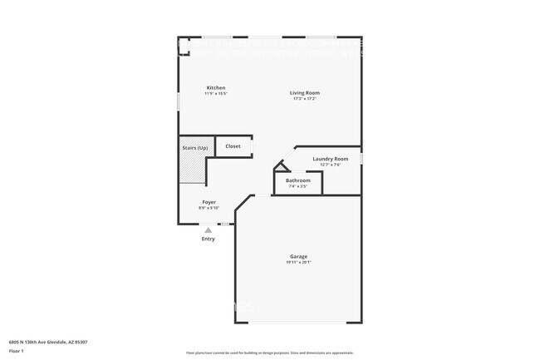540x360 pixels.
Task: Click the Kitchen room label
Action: pos(216,88)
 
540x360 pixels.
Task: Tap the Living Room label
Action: pos(305,92)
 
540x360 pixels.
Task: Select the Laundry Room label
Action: pos(330,159)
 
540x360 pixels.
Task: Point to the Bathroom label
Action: pos(298,180)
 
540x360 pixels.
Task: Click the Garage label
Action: pos(299,256)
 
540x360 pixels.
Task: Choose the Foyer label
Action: pos(209,202)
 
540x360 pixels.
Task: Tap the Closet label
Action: pos(233,146)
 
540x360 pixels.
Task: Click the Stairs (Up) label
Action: pos(195,148)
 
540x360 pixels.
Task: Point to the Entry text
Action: pos(209,239)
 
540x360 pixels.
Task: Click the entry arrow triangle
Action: pos(209,230)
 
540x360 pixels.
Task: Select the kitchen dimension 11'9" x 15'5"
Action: pos(216,94)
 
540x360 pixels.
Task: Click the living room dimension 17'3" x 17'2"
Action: pos(305,98)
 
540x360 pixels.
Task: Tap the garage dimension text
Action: pos(299,263)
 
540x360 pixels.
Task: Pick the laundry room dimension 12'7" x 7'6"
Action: pos(330,165)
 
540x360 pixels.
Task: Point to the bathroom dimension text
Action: pos(298,186)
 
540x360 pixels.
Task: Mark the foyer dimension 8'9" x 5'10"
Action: pos(209,208)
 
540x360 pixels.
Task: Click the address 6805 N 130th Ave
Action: pos(49,342)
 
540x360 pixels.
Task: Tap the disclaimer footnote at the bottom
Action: pos(270,353)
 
